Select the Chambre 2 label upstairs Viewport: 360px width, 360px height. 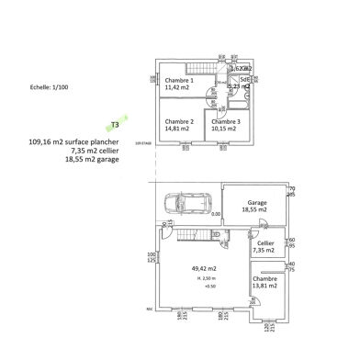tap(179, 121)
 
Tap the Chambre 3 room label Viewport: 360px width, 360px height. tap(227, 121)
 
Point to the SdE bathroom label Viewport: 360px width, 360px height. tap(245, 79)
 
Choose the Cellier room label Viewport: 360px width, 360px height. tap(264, 244)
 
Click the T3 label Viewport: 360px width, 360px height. tap(115, 123)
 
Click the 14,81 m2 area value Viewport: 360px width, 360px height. tap(179, 129)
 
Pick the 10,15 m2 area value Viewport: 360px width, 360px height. tap(227, 129)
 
